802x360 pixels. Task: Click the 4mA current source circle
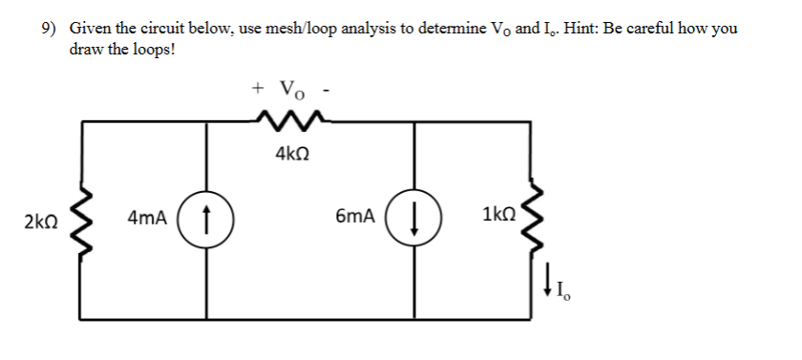pyautogui.click(x=208, y=219)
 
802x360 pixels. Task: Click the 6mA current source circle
pyautogui.click(x=413, y=219)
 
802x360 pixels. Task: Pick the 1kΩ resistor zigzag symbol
pyautogui.click(x=531, y=219)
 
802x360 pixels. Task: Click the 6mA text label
pyautogui.click(x=355, y=219)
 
